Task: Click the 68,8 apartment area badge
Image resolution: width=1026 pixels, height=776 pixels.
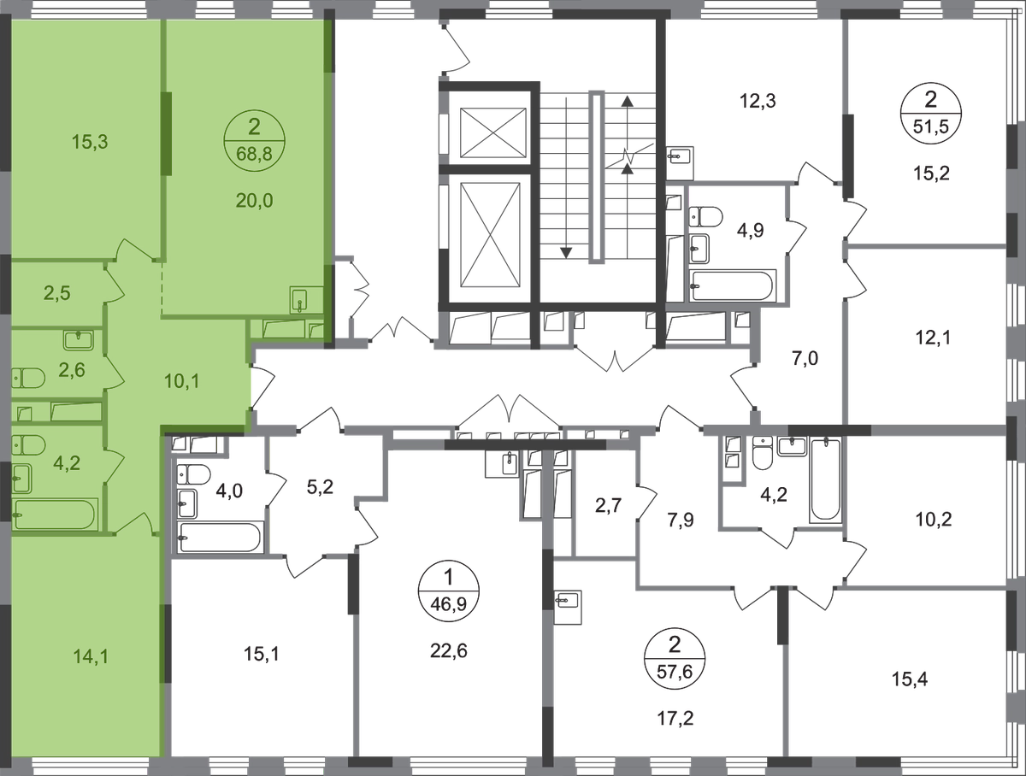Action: (x=254, y=141)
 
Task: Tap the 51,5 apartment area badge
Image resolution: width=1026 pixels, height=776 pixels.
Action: (x=931, y=114)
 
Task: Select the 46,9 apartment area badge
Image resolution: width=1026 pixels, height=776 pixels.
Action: (x=449, y=591)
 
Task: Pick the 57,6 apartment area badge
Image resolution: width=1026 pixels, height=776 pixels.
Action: (x=675, y=658)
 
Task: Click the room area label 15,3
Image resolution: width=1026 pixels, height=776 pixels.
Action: (x=90, y=142)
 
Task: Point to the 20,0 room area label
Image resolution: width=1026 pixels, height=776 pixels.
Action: (x=254, y=201)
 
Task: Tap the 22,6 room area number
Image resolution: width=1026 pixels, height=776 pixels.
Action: (x=449, y=650)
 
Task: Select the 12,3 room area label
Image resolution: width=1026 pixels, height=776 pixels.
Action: (x=758, y=101)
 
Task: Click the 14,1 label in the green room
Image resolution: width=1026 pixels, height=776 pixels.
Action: (x=91, y=657)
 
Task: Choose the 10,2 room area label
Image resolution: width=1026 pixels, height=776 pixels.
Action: (x=934, y=520)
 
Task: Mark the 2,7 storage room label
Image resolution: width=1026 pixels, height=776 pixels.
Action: (x=608, y=505)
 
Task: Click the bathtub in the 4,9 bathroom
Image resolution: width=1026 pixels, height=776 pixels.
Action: (x=732, y=285)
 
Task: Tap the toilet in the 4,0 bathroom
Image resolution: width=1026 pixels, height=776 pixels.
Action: (x=193, y=474)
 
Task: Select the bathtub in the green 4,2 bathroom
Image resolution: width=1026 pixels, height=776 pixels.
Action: (x=54, y=514)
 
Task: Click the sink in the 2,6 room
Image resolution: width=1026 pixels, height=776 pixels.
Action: (x=79, y=340)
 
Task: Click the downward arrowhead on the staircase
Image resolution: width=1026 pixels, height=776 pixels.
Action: (x=566, y=253)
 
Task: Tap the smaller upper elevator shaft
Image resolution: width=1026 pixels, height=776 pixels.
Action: (x=493, y=132)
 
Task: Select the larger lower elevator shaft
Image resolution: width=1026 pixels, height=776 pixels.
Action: (x=490, y=234)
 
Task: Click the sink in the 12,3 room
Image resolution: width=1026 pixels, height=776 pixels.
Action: (x=680, y=155)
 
